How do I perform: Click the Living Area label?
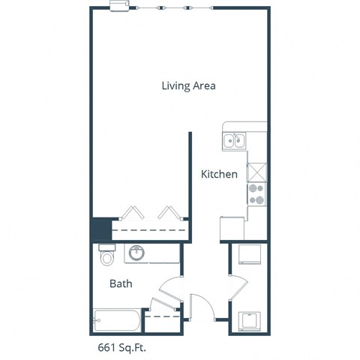click(x=189, y=85)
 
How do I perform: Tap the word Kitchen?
click(x=220, y=174)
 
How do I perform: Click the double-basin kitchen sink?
click(x=234, y=140)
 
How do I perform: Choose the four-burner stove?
click(x=256, y=194)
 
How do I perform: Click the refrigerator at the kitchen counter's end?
click(x=232, y=228)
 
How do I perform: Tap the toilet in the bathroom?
click(x=106, y=256)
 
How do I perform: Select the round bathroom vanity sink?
click(x=137, y=253)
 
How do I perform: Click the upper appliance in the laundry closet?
click(x=249, y=256)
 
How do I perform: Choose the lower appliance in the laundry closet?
click(x=249, y=321)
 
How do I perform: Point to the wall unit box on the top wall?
click(x=120, y=7)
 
